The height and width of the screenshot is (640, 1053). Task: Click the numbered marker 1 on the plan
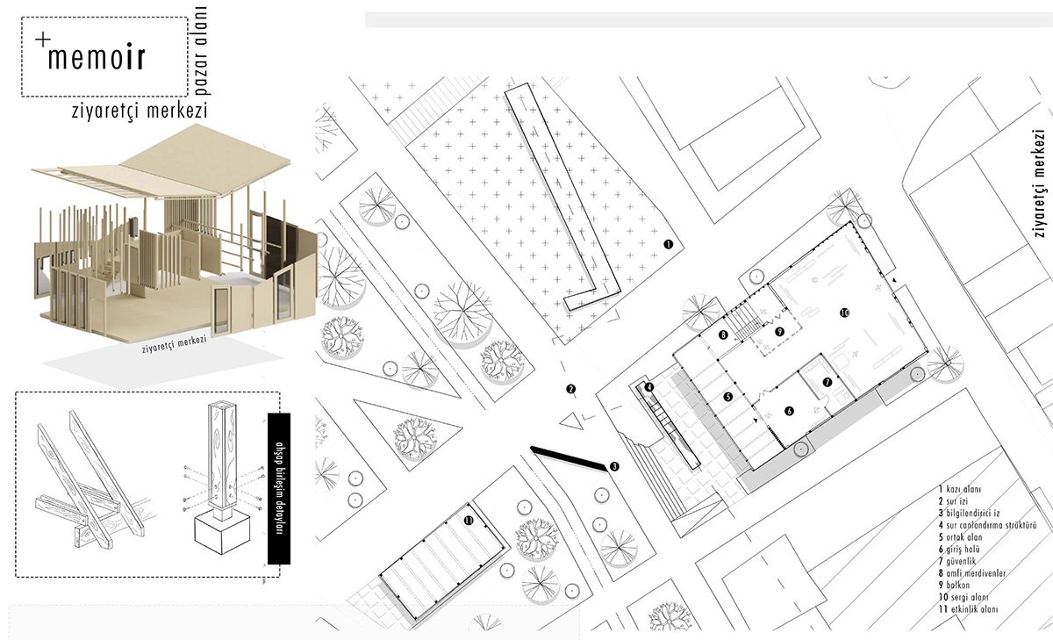click(668, 246)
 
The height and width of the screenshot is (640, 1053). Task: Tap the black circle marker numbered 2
click(570, 389)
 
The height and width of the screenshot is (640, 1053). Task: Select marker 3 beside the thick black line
click(614, 467)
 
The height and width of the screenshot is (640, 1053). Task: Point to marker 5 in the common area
click(728, 397)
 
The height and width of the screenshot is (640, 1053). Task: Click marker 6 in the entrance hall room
click(789, 410)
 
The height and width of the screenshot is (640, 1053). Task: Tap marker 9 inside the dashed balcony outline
click(778, 332)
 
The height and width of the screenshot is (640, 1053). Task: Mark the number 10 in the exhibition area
click(844, 313)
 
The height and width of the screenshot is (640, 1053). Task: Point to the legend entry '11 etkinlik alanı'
click(973, 609)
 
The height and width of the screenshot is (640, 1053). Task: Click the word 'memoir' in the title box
click(97, 58)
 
